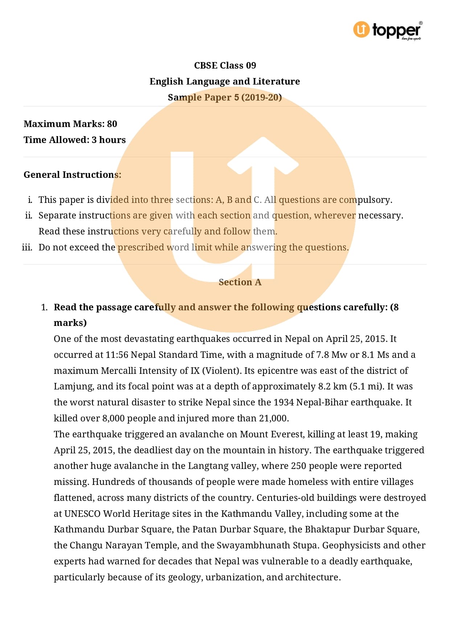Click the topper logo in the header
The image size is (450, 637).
point(387,30)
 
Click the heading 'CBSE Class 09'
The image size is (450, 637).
point(225,65)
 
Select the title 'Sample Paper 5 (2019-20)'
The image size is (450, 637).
point(225,97)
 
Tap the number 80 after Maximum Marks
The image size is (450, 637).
point(112,124)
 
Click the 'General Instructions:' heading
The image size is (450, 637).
point(72,175)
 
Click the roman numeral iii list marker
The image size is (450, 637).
point(27,248)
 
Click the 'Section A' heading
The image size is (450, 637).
point(240,282)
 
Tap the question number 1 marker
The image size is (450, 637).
point(44,307)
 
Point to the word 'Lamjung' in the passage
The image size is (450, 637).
point(73,386)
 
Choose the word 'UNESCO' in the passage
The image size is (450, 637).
point(82,514)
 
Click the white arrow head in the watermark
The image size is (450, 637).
point(263,156)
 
